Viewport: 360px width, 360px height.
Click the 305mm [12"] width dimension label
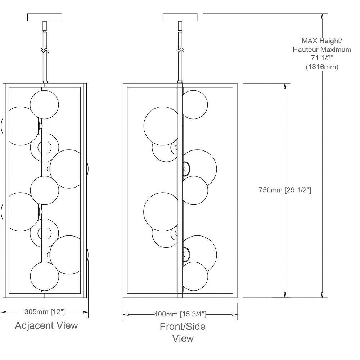pyautogui.click(x=45, y=312)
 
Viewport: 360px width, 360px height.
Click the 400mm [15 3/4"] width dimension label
pyautogui.click(x=180, y=314)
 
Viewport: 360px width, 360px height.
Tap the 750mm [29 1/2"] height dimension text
pyautogui.click(x=285, y=190)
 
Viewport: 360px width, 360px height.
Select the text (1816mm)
pyautogui.click(x=322, y=67)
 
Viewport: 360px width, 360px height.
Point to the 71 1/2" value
pyautogui.click(x=322, y=58)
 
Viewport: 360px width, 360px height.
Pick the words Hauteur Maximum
pyautogui.click(x=322, y=50)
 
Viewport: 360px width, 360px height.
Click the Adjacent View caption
pyautogui.click(x=46, y=326)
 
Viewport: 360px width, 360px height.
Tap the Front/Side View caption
pyautogui.click(x=183, y=332)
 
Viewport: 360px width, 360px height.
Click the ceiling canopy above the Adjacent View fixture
pyautogui.click(x=45, y=17)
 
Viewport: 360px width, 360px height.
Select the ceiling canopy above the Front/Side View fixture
pyautogui.click(x=180, y=17)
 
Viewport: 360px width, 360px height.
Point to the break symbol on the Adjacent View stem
pyautogui.click(x=45, y=49)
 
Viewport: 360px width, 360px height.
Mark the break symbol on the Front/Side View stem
pyautogui.click(x=180, y=49)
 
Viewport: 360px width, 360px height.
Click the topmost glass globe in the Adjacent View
pyautogui.click(x=44, y=104)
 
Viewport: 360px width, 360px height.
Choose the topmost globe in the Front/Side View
pyautogui.click(x=195, y=104)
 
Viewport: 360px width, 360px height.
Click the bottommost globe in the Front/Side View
pyautogui.click(x=195, y=276)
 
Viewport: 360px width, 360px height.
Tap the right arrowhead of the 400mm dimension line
pyautogui.click(x=235, y=315)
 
